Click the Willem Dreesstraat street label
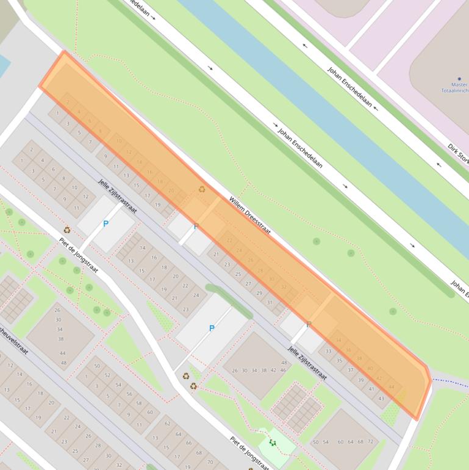coord(249,215)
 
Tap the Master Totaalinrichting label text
coord(455,87)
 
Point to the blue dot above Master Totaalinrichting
coord(459,79)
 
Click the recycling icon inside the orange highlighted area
coord(202,189)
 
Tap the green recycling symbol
coord(273,443)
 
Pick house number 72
coord(370,441)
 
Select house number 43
coord(382,399)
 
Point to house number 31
coord(270,303)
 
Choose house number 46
coord(283,371)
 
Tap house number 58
coord(139,403)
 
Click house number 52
coord(107,375)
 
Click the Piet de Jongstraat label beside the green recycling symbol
coord(249,452)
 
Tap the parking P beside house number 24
coord(212,328)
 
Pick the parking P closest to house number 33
coord(309,325)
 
